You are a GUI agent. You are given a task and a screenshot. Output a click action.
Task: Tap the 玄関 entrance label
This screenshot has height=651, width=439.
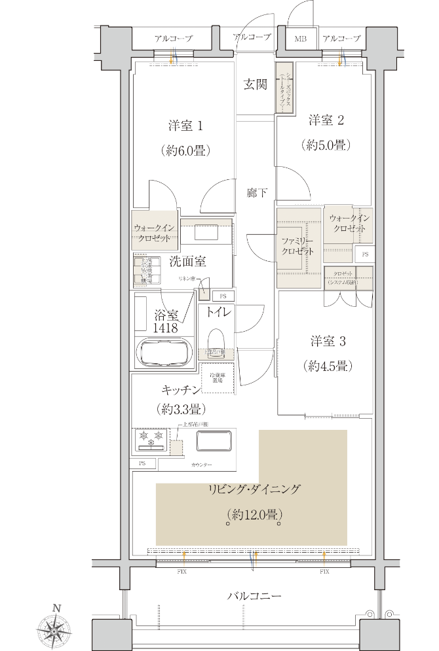255,84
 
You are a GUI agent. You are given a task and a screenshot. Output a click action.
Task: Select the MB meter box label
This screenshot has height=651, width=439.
300,39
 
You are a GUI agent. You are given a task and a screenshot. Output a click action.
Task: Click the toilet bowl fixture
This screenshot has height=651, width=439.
216,340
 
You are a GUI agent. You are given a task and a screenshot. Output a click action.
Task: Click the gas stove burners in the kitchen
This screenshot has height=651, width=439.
151,439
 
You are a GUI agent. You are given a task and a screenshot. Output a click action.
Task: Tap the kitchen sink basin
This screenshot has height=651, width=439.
214,441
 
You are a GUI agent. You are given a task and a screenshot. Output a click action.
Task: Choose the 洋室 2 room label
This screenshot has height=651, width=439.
326,120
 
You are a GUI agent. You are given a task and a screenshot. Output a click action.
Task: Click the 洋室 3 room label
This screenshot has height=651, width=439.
328,342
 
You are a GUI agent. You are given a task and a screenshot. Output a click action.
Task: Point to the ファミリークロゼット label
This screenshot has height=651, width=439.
298,246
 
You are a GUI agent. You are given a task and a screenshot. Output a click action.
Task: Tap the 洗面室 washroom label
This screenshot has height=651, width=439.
187,262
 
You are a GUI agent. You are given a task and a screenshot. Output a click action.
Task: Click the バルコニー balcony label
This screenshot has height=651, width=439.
254,596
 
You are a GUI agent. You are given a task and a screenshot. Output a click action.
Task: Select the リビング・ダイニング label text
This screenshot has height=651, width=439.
254,489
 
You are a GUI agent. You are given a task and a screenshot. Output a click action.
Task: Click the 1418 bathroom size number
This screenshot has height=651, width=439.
166,328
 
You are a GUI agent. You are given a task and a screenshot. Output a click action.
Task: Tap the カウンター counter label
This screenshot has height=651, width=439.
202,464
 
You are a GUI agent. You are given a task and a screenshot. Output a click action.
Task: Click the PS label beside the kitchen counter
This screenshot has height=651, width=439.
142,464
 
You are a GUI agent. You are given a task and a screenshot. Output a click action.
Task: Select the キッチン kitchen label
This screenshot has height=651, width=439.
181,391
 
